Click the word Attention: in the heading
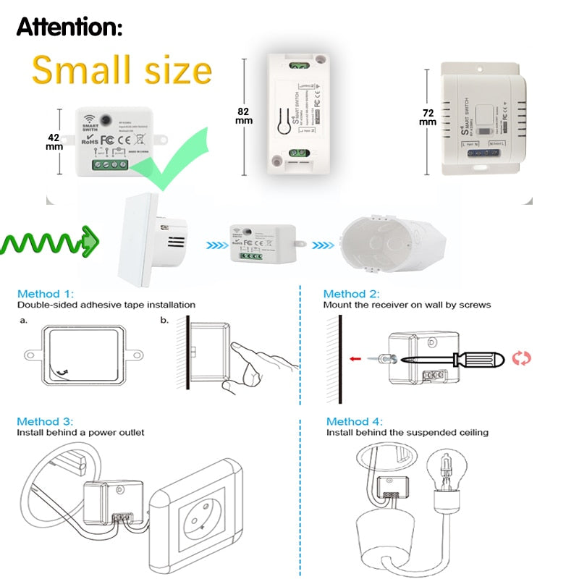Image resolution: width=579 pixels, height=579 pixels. (x=69, y=27)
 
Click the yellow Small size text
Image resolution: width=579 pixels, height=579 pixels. (x=122, y=70)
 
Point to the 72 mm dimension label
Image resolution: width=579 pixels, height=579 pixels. (x=428, y=117)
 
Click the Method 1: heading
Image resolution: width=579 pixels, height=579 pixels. (x=46, y=294)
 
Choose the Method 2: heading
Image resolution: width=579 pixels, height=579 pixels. (x=351, y=294)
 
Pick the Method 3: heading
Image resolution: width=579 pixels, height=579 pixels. (x=46, y=421)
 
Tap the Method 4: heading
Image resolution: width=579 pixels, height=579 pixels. (x=354, y=421)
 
